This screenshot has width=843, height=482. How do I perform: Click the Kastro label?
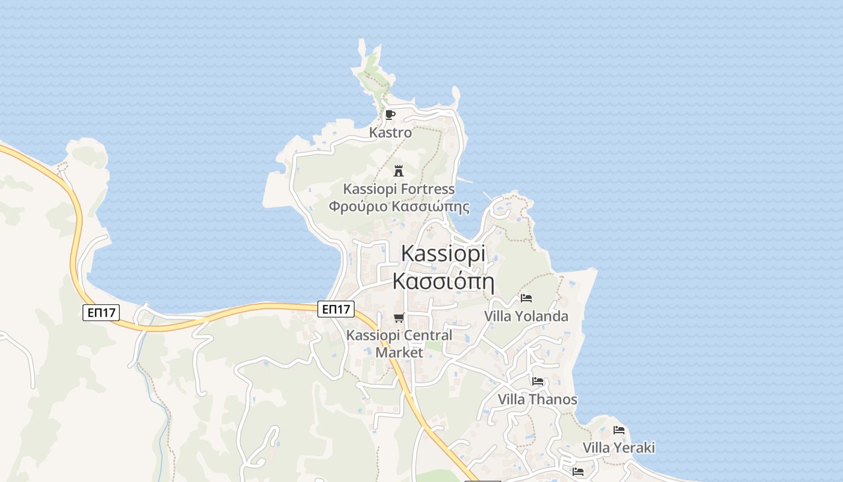pyautogui.click(x=390, y=133)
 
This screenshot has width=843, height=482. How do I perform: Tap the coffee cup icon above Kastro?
pyautogui.click(x=390, y=114)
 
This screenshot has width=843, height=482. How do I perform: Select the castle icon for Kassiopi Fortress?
pyautogui.click(x=398, y=171)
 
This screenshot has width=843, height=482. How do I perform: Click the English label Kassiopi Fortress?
pyautogui.click(x=399, y=189)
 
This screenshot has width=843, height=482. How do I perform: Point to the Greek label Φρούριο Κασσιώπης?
pyautogui.click(x=399, y=207)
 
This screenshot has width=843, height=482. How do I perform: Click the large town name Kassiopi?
pyautogui.click(x=443, y=254)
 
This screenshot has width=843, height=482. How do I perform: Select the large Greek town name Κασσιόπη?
pyautogui.click(x=443, y=281)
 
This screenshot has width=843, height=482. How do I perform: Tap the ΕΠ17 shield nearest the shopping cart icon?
pyautogui.click(x=336, y=309)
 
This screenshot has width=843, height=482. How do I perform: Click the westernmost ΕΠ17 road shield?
pyautogui.click(x=101, y=312)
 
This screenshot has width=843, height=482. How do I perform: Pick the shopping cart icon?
pyautogui.click(x=399, y=318)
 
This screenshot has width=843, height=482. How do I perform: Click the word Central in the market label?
pyautogui.click(x=428, y=336)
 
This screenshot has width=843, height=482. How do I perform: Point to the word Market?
pyautogui.click(x=399, y=352)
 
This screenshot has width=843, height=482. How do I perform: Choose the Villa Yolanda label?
pyautogui.click(x=526, y=316)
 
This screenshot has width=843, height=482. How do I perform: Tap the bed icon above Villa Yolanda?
pyautogui.click(x=526, y=298)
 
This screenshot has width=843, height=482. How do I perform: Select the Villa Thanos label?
pyautogui.click(x=537, y=399)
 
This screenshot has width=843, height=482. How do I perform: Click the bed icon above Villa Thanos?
pyautogui.click(x=538, y=381)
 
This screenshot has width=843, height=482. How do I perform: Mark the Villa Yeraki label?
pyautogui.click(x=618, y=448)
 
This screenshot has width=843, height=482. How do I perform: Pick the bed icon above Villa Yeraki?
pyautogui.click(x=619, y=430)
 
